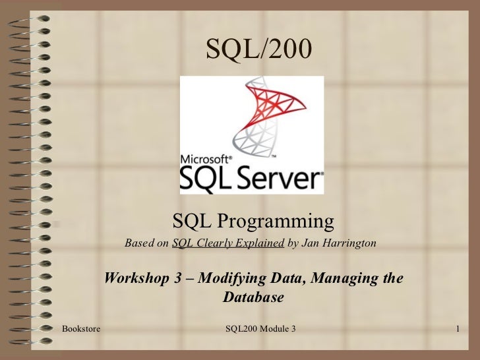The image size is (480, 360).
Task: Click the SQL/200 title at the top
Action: click(253, 47)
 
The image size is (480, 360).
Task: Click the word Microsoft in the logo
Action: click(205, 159)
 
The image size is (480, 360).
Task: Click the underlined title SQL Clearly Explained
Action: click(227, 243)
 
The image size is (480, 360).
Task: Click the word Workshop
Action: click(138, 278)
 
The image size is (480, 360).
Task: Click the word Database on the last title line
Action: click(253, 297)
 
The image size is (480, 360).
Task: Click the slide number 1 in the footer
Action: click(456, 328)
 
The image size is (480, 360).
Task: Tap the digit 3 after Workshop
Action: click(177, 278)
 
